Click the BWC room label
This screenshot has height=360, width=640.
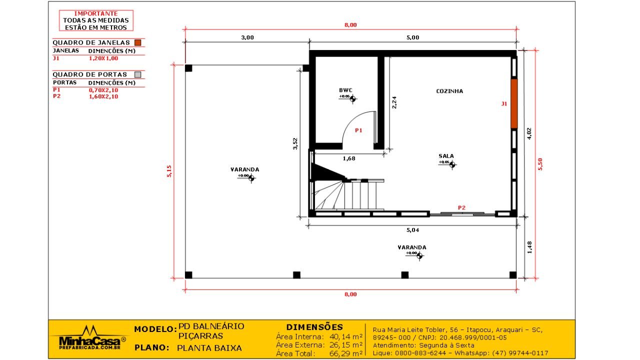[345, 90]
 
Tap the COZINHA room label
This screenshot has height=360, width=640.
[449, 91]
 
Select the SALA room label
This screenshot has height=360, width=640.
[446, 156]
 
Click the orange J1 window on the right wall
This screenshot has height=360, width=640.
[513, 103]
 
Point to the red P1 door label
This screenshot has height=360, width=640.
[358, 130]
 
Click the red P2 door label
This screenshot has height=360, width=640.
[461, 207]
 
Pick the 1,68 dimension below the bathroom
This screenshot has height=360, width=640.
[349, 159]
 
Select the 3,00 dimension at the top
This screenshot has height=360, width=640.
[247, 37]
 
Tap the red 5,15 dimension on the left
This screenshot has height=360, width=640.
[169, 171]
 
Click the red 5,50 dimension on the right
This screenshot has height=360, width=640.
[540, 164]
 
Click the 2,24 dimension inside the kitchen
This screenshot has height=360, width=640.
[394, 102]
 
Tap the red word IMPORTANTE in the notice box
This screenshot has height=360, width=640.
[96, 14]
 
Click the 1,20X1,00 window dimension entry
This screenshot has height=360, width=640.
[103, 58]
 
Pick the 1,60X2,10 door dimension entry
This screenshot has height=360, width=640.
[103, 97]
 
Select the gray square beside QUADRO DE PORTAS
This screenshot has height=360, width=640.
[138, 74]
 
